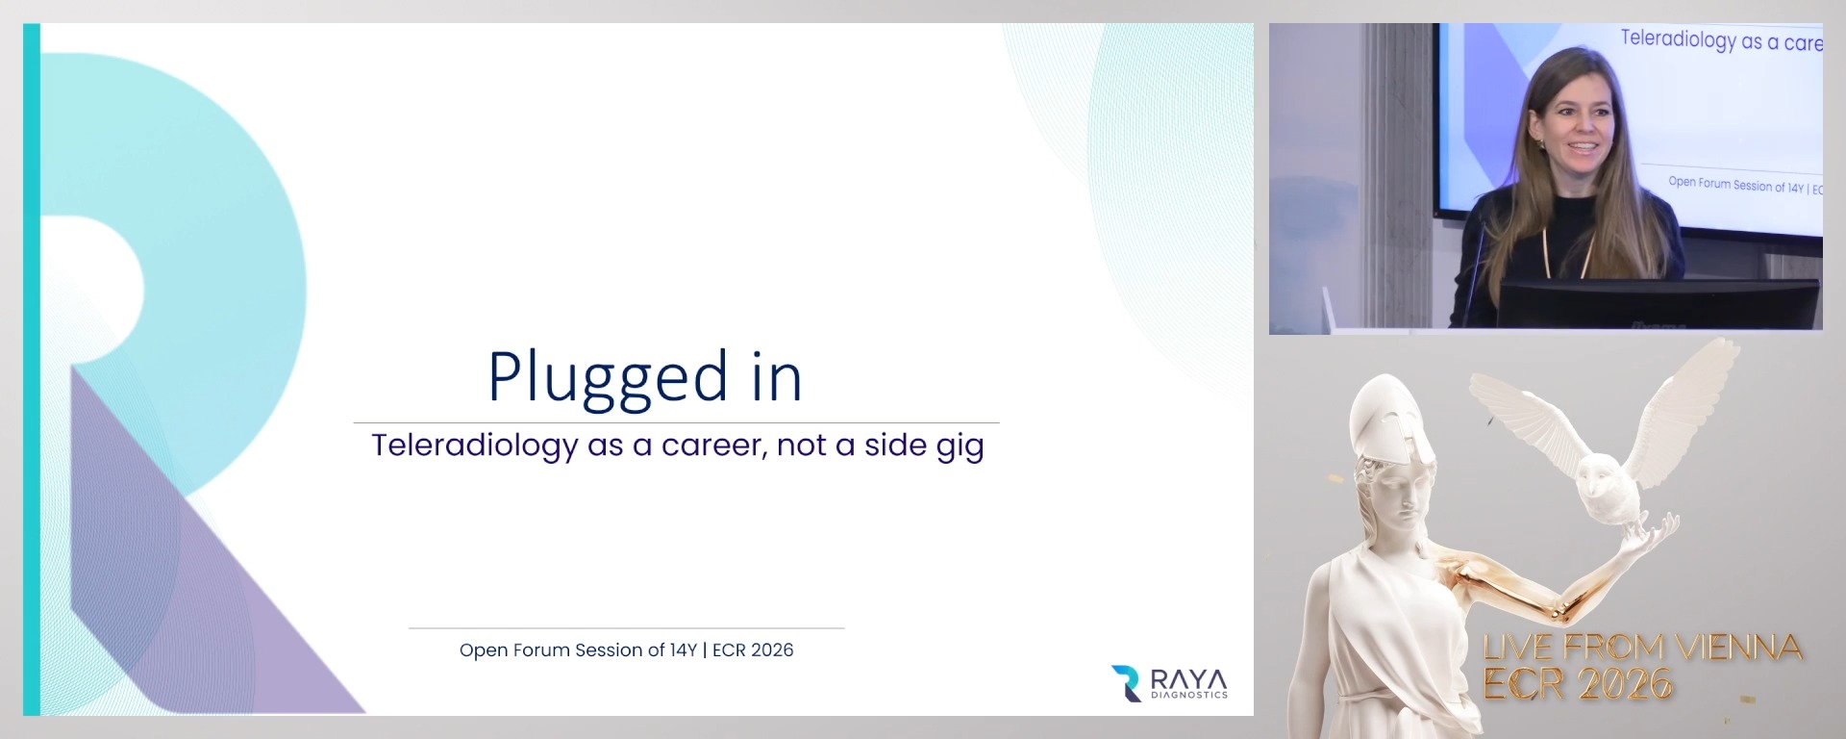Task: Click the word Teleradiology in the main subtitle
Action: [474, 446]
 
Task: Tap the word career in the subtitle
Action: [711, 446]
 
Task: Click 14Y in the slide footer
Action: [683, 650]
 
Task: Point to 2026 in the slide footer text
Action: [772, 650]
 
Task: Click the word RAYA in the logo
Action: [1188, 678]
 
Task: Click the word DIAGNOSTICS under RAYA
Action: [1188, 695]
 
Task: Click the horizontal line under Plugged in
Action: [676, 422]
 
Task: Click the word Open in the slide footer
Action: [483, 650]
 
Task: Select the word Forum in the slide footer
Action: [540, 650]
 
